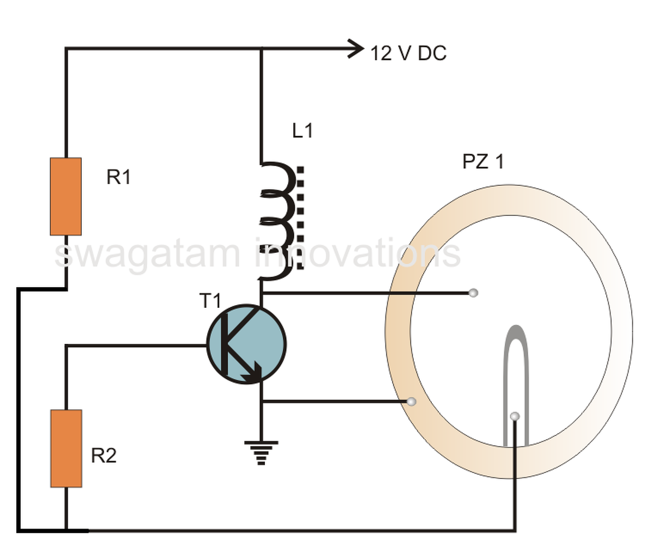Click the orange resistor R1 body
[66, 196]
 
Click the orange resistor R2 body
[66, 448]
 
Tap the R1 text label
[119, 177]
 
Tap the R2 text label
[104, 456]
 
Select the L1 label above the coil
[303, 131]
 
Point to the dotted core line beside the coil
[300, 218]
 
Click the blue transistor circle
[247, 344]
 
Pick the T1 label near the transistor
[210, 301]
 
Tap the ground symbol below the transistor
[261, 453]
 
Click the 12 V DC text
[408, 53]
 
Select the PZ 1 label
[483, 161]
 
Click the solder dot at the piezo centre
[473, 293]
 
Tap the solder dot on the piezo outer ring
[412, 401]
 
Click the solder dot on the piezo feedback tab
[515, 416]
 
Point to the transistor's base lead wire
[136, 345]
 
